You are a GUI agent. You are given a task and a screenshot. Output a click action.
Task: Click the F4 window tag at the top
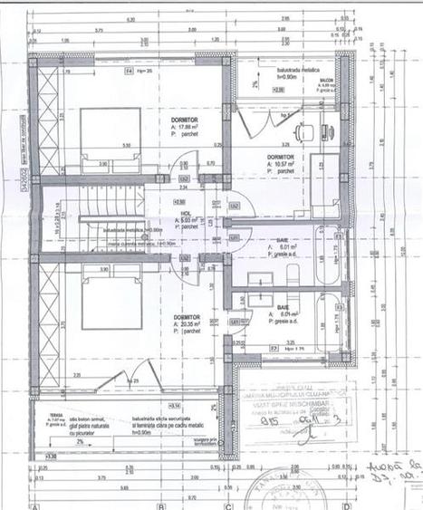(x=129, y=70)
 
